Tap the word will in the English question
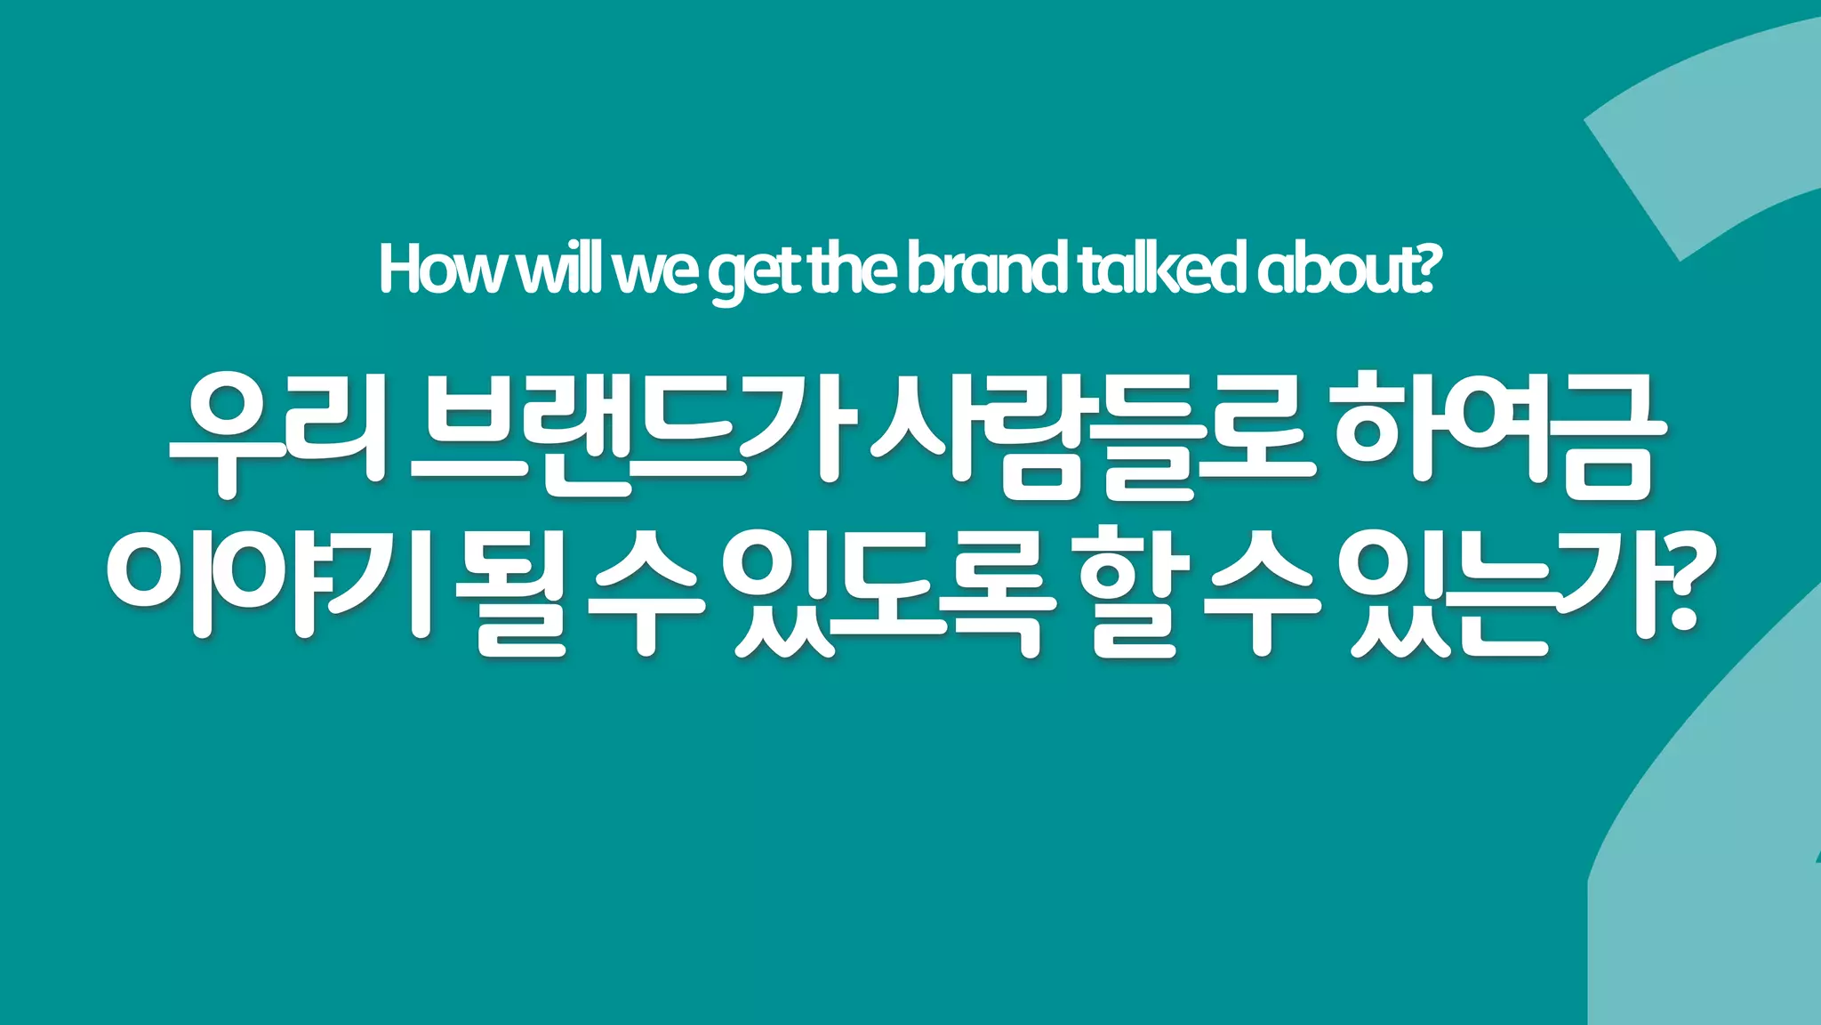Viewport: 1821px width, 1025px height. [560, 269]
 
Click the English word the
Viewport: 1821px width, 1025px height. [853, 269]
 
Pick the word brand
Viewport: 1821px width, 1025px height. [987, 269]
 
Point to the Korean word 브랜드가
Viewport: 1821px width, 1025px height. [627, 434]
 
